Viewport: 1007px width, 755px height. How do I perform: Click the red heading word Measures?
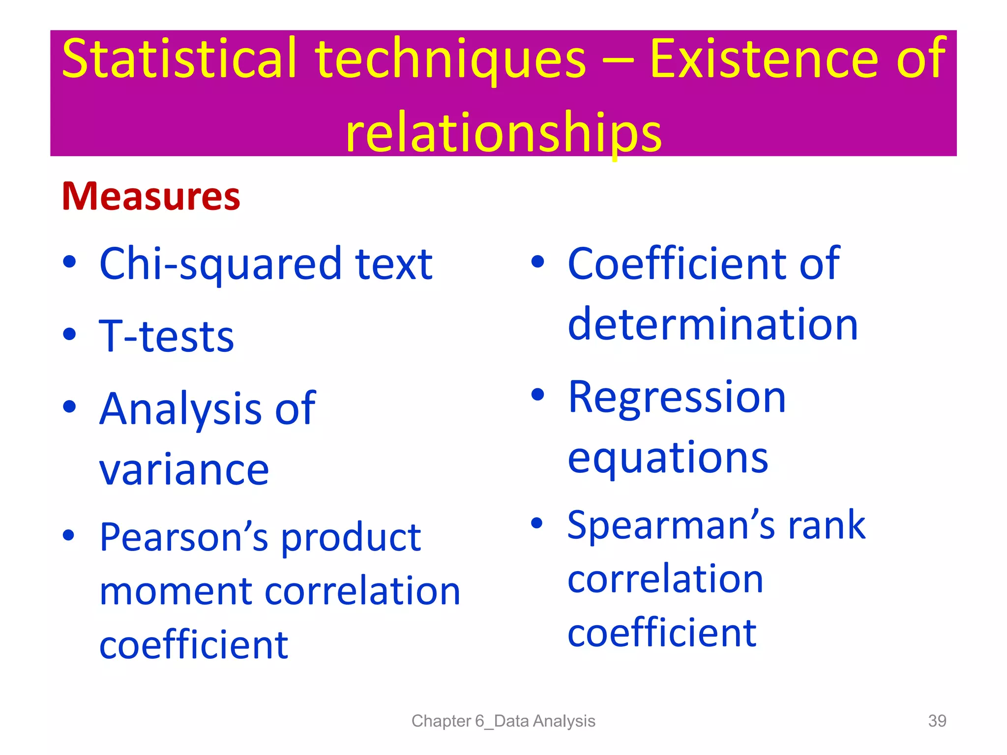[150, 197]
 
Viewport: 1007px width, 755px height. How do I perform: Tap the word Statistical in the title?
[179, 59]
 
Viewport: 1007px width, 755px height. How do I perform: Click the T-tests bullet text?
[167, 337]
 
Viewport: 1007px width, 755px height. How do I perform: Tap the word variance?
[184, 470]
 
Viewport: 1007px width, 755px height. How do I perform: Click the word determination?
[712, 325]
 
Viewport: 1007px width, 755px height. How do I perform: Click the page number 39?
[937, 721]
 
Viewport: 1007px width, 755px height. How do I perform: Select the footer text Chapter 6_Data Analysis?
[503, 721]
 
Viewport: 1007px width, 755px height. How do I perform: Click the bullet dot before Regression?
[538, 394]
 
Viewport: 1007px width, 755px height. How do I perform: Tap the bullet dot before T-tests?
[70, 334]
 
